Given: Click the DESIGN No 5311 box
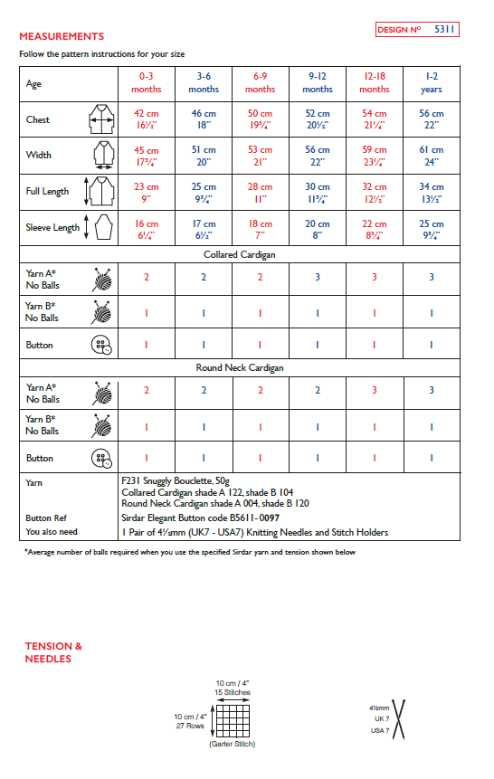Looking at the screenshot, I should pos(417,30).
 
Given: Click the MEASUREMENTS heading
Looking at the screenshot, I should pos(62,36).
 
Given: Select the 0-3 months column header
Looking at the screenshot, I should pos(147,83).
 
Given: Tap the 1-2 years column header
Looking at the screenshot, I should pos(432,83).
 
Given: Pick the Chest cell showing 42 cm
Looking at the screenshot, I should pos(147,119).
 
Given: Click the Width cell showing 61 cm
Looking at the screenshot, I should pos(432,156).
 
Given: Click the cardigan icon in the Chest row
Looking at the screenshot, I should pos(99,119).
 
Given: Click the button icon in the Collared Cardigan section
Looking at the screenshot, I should pos(100,345).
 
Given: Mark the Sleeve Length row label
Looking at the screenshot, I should pos(52,228).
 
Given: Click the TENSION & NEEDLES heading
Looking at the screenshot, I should pos(54,652).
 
